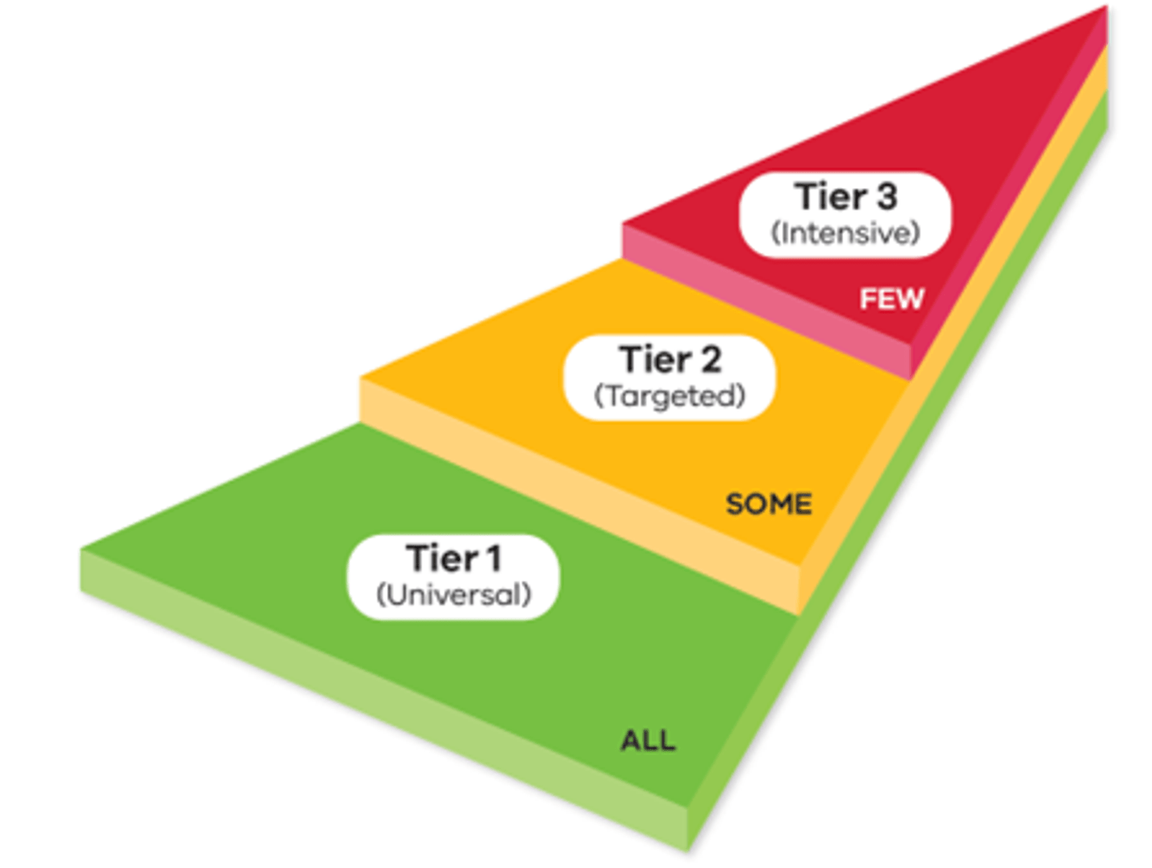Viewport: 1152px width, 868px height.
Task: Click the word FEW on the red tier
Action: coord(891,299)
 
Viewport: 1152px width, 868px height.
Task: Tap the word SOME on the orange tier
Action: coord(768,504)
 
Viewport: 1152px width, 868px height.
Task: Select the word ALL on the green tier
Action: coord(648,741)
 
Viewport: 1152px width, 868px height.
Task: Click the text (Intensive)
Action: coord(846,234)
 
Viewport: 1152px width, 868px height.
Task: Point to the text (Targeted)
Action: coord(670,396)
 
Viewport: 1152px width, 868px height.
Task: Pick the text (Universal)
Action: coord(454,595)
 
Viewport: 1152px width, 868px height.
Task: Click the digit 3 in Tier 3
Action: coord(886,197)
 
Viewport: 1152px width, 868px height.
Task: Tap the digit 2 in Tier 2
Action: coord(710,360)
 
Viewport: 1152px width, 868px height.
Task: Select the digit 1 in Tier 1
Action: coord(494,558)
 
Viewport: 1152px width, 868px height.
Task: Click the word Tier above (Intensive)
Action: coord(830,197)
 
